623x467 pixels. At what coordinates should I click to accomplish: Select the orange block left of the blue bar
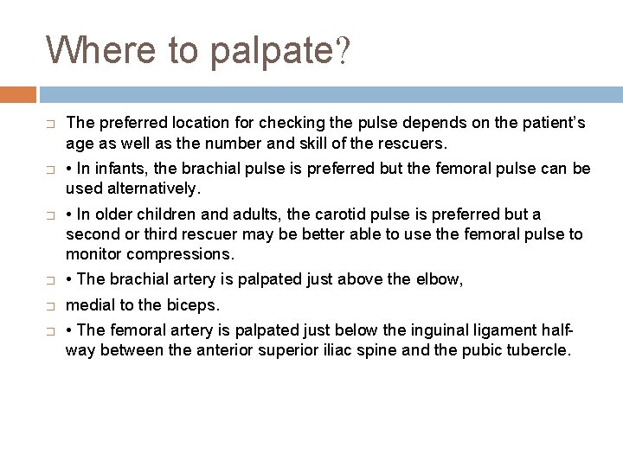point(18,93)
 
